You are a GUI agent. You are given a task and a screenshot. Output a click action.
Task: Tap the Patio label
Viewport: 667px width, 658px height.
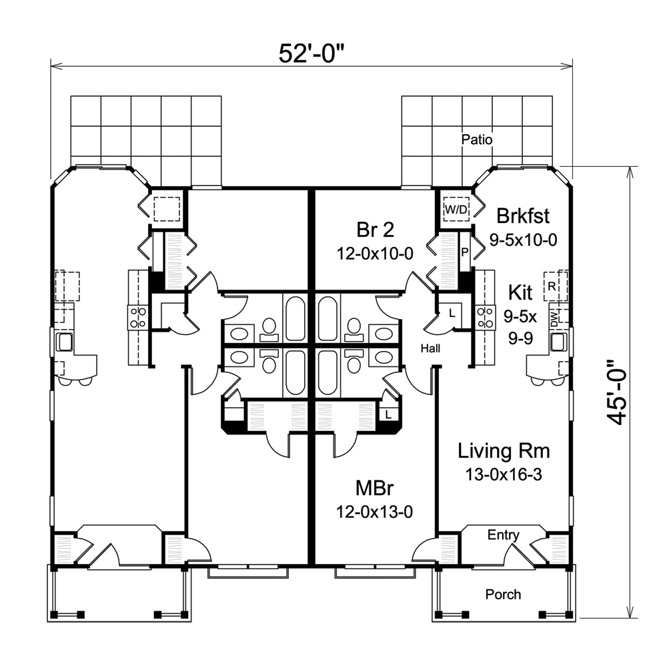point(477,140)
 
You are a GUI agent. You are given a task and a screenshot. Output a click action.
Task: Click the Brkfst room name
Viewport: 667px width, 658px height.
point(524,216)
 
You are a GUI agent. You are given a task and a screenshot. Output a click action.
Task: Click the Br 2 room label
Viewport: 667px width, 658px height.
point(374,230)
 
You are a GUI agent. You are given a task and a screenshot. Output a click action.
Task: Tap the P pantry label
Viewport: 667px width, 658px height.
point(465,252)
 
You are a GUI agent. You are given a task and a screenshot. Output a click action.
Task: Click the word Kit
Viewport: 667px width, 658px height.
point(520,292)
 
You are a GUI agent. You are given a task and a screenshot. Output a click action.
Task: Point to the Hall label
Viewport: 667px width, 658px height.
point(430,348)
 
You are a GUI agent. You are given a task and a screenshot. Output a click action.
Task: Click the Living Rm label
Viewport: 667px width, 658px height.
point(504,451)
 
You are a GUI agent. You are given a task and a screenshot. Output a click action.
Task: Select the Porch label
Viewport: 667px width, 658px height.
point(503,594)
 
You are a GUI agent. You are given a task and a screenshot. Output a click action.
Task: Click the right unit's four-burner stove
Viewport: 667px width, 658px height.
point(485,316)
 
